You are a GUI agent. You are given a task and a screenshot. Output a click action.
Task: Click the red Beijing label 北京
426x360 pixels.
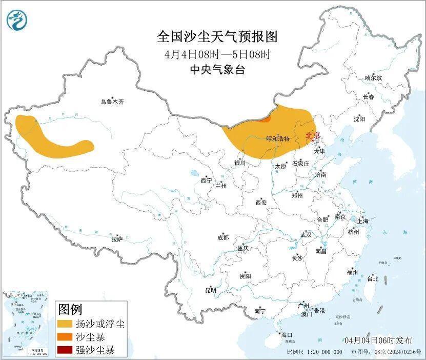(312, 135)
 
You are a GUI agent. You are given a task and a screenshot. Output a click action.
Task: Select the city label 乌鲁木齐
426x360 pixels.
(112, 102)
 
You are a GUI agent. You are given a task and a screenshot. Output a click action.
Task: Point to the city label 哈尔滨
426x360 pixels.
(373, 78)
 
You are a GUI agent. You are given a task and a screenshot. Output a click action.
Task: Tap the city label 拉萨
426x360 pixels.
(117, 238)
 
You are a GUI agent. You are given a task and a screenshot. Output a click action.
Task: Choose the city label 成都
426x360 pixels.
(223, 237)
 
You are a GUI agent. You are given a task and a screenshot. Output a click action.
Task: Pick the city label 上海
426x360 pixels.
(363, 221)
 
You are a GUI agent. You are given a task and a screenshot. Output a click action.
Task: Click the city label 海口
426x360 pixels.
(286, 335)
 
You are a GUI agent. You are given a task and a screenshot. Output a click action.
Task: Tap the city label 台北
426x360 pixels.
(372, 279)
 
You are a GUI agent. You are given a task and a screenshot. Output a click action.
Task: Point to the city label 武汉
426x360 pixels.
(306, 235)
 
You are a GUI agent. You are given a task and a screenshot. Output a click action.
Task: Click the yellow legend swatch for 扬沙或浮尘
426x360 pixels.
(65, 324)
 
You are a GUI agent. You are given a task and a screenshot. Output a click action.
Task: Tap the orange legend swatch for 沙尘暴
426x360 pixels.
(65, 337)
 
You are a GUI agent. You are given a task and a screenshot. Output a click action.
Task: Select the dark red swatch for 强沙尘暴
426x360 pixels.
(65, 351)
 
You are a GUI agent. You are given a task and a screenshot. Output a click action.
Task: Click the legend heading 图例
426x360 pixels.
(70, 309)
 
